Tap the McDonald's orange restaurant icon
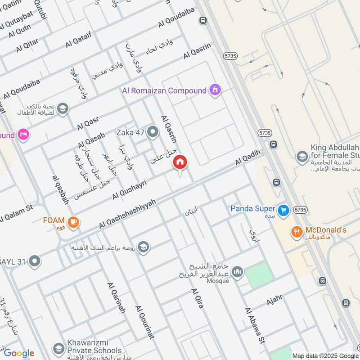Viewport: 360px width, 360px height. click(x=296, y=232)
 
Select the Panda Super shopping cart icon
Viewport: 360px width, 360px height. click(x=283, y=210)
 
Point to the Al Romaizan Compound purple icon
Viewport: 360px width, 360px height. click(x=215, y=90)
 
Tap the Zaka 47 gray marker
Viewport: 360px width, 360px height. click(x=153, y=132)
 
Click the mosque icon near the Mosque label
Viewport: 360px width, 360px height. click(x=238, y=272)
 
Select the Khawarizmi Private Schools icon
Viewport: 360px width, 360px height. click(x=58, y=348)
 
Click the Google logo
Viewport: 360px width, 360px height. click(x=19, y=353)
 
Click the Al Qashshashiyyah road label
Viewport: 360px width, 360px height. click(x=127, y=213)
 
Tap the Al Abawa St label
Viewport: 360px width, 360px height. click(x=254, y=326)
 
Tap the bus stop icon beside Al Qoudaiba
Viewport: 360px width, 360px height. click(x=203, y=20)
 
